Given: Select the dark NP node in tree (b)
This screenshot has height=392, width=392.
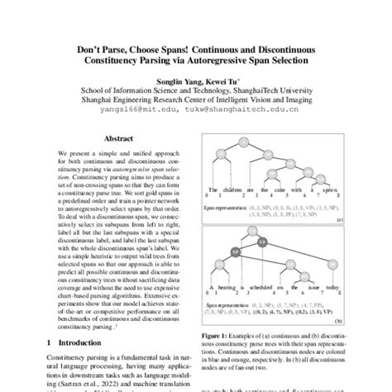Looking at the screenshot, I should tap(236, 248).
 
